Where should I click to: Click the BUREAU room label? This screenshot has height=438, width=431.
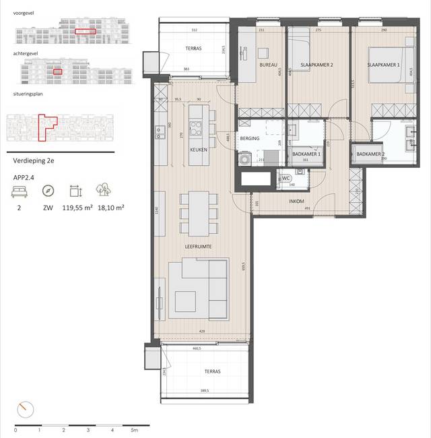[x=269, y=65]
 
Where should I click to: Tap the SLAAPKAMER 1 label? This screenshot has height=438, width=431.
[x=382, y=65]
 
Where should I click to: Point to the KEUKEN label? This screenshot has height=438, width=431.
[x=197, y=150]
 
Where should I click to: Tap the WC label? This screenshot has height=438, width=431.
[x=286, y=178]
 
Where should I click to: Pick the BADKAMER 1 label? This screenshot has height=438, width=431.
[x=306, y=154]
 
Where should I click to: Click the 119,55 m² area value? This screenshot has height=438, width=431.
[x=76, y=209]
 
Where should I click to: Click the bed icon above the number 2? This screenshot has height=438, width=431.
[x=18, y=191]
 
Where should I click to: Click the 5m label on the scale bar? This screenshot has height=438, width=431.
[x=135, y=429]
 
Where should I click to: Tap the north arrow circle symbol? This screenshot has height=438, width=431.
[x=25, y=408]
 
